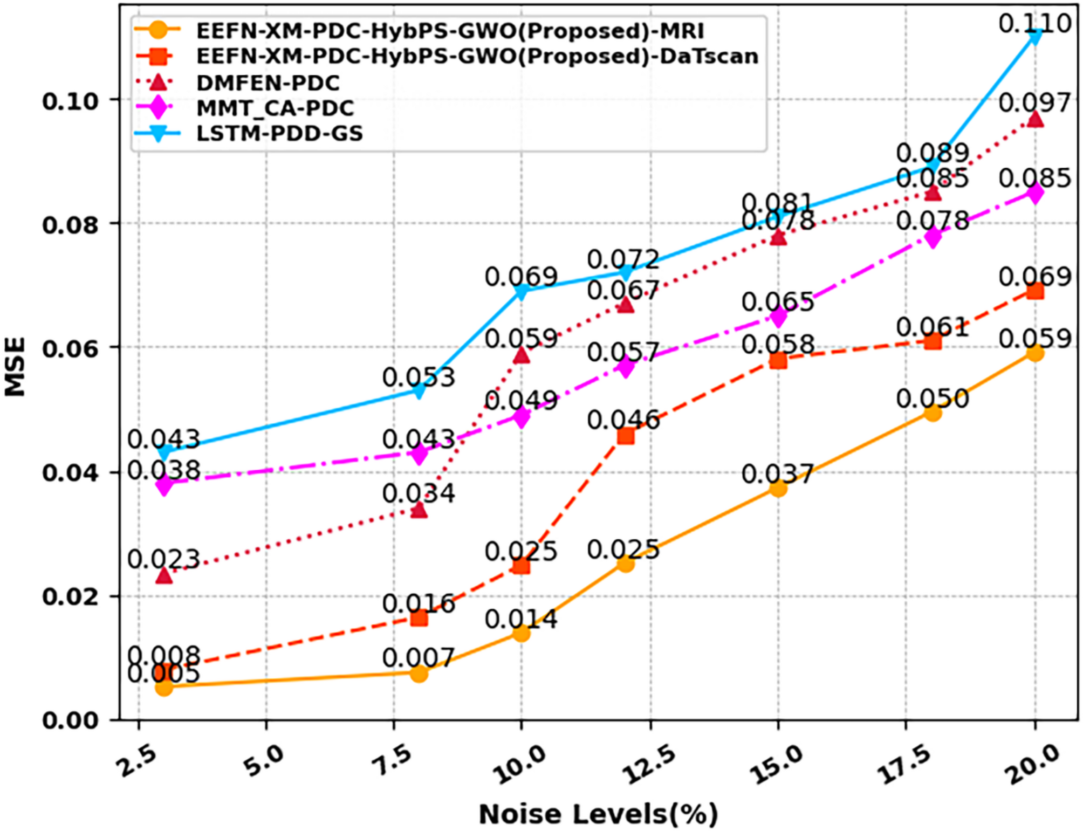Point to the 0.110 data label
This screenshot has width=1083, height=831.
click(1034, 23)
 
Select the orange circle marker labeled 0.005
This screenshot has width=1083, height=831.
click(164, 687)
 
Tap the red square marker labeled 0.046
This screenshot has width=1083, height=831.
click(625, 436)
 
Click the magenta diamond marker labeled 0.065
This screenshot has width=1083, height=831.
click(778, 317)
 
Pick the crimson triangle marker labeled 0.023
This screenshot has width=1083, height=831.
click(164, 576)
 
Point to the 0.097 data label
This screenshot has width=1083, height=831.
click(1034, 102)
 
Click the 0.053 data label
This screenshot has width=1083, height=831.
click(419, 377)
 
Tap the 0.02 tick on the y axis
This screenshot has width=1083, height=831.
click(71, 597)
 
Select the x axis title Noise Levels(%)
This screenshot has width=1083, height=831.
click(598, 814)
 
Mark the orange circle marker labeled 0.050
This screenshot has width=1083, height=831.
click(933, 413)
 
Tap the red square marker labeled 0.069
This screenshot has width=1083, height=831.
click(1034, 292)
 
